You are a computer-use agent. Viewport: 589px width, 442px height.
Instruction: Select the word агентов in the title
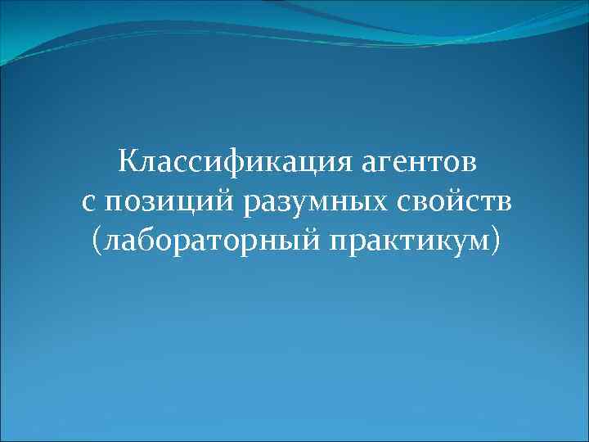(415, 163)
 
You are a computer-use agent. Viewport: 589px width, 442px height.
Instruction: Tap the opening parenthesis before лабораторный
(98, 241)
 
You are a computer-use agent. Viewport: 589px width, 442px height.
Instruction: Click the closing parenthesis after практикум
(492, 241)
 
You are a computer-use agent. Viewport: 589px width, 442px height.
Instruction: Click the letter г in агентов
(380, 163)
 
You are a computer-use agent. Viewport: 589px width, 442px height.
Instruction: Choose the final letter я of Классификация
(339, 163)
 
